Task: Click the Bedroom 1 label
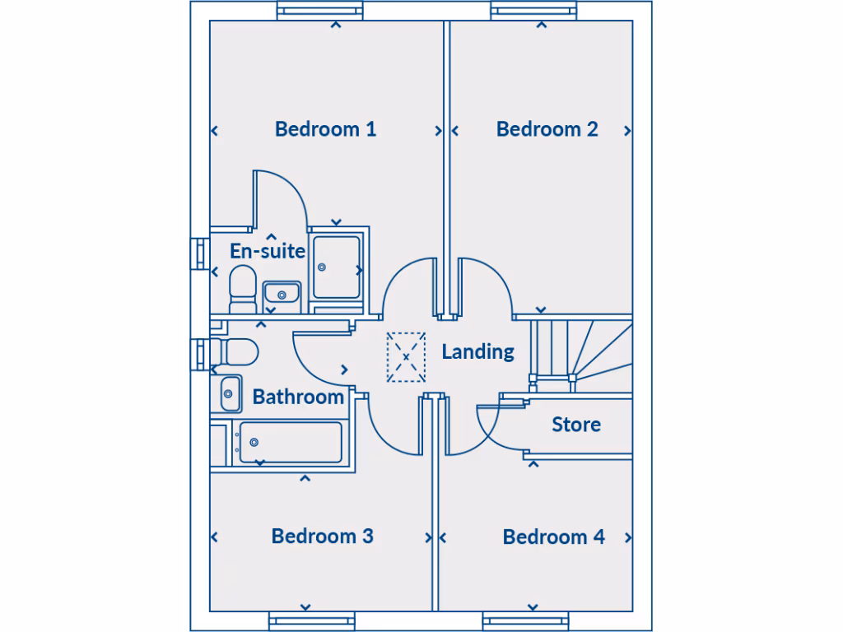tap(325, 129)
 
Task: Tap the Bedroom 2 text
tap(547, 129)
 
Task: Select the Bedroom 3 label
tap(322, 536)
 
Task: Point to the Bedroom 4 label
tap(553, 537)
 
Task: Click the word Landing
tap(477, 351)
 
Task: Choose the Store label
tap(575, 425)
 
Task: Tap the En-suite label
tap(267, 251)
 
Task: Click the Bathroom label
tap(298, 397)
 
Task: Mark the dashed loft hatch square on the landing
tap(406, 357)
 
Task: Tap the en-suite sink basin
tap(282, 294)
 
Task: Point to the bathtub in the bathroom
tap(288, 443)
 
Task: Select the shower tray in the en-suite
tap(338, 267)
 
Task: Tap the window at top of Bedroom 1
tap(319, 11)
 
